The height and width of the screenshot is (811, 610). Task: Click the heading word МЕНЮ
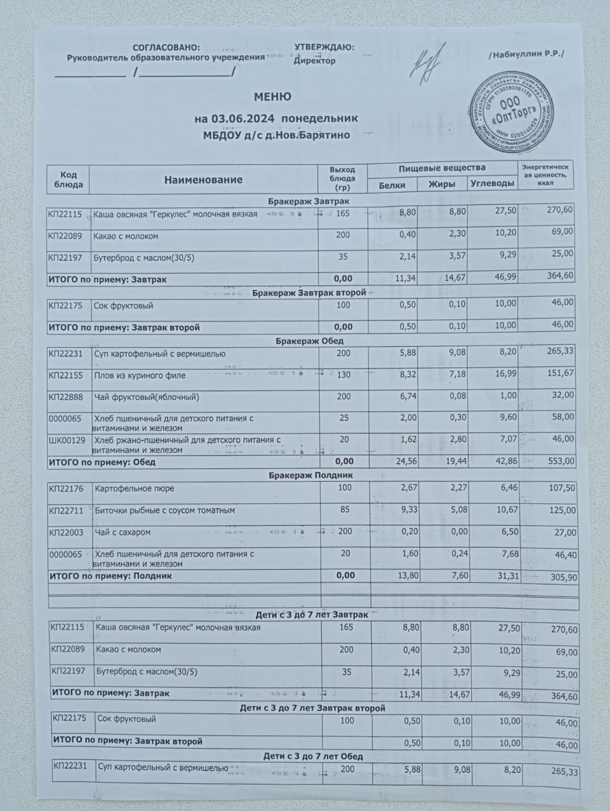pos(273,97)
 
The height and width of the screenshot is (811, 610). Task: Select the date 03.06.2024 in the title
pos(243,119)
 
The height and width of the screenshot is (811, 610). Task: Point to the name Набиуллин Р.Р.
pos(526,54)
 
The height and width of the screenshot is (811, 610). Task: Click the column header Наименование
pos(203,180)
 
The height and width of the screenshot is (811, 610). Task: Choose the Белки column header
pos(392,185)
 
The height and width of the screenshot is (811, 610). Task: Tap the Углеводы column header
pos(492,183)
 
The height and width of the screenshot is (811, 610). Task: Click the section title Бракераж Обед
pos(309,341)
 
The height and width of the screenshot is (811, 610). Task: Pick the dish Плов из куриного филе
pos(140,376)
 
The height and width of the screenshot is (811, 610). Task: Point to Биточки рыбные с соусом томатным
pos(165,510)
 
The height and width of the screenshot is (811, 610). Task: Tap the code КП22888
pos(66,397)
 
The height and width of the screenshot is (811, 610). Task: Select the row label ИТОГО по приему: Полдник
pos(110,576)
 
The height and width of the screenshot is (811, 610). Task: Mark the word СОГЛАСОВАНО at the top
pos(166,48)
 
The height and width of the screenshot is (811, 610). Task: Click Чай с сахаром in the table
pos(120,532)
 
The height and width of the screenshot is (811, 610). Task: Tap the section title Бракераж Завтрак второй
pos(309,293)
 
